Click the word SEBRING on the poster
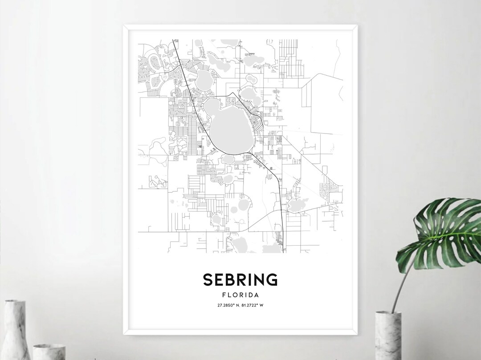click(240, 279)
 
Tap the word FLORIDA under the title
click(240, 295)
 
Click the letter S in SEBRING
click(208, 279)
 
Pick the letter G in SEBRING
click(272, 279)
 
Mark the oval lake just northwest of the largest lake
click(204, 80)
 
